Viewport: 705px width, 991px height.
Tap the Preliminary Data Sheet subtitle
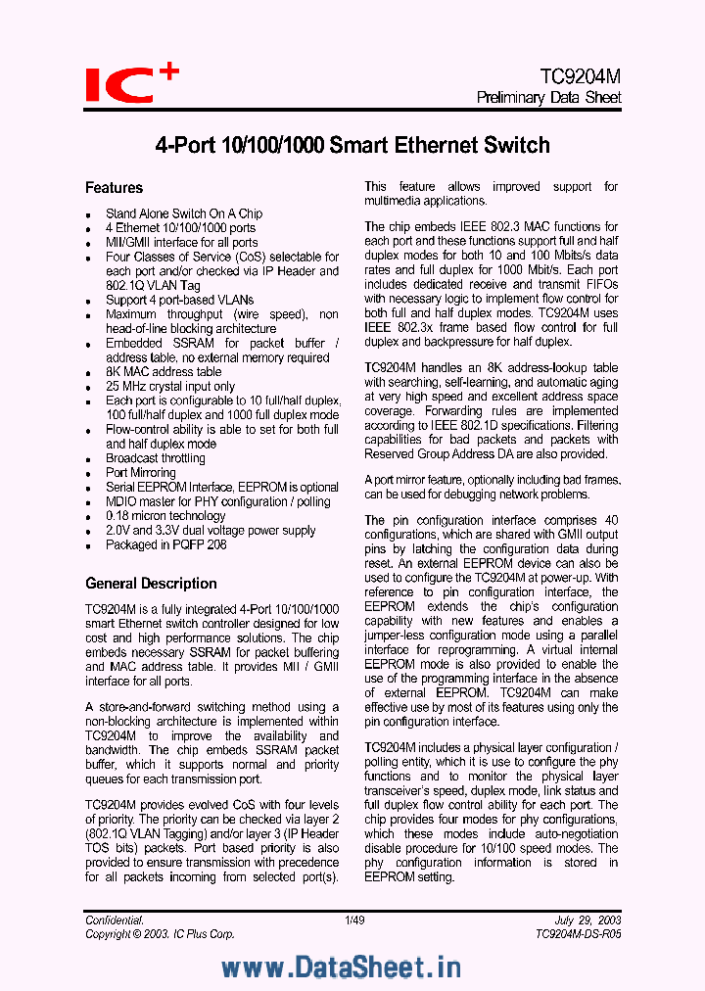[548, 98]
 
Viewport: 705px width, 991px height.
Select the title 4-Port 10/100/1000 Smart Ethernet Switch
[352, 146]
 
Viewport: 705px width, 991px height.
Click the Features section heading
[114, 188]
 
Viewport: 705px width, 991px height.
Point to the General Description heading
[151, 584]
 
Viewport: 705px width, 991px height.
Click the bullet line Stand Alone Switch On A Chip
[183, 213]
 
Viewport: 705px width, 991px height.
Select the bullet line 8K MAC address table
[163, 372]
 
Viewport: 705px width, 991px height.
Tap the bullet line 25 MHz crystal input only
[169, 387]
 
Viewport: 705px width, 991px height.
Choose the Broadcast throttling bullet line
[155, 458]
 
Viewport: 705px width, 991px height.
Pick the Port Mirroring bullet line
[140, 473]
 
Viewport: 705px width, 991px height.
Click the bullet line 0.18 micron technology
[164, 516]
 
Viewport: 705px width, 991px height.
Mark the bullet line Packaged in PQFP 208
[165, 544]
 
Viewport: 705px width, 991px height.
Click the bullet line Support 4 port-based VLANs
[179, 300]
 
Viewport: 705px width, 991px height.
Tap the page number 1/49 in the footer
[353, 920]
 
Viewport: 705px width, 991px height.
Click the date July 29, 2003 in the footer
[587, 920]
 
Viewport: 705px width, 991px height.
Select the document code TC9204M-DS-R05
[578, 934]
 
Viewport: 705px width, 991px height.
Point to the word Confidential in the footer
[115, 920]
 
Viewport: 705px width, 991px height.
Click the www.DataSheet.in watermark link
[341, 967]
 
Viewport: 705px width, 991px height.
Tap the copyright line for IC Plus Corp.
[160, 934]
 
